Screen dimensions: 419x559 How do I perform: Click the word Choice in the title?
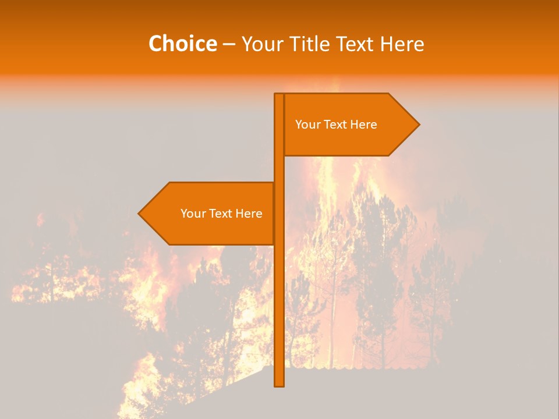182,44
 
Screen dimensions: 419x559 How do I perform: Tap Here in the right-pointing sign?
363,125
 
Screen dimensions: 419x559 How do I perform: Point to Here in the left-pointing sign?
249,214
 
